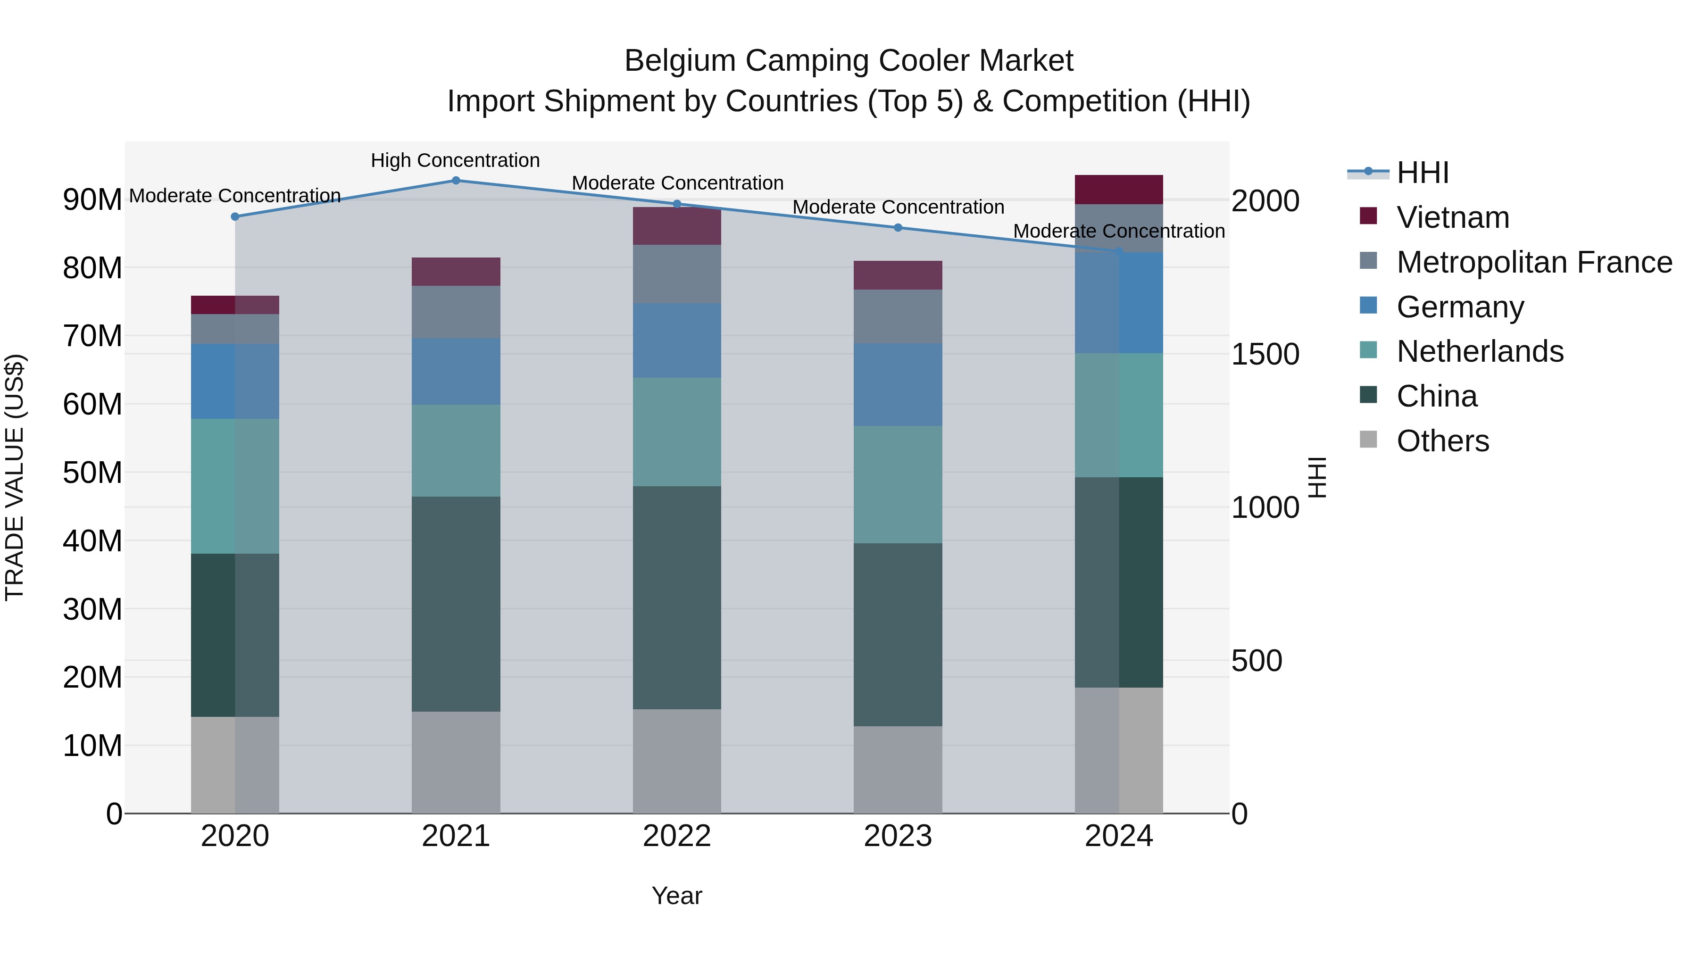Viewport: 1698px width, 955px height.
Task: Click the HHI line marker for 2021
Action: point(456,180)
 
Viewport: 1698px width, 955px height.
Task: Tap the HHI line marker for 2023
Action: point(898,227)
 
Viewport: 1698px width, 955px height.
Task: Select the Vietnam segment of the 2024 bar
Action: point(1119,189)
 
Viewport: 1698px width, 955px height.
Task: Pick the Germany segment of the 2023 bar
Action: point(898,384)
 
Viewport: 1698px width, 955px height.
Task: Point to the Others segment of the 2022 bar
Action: point(677,761)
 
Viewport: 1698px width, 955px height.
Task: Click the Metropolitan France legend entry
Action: point(1534,262)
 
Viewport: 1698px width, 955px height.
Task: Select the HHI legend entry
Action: point(1423,173)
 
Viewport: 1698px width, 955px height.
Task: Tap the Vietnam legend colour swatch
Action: point(1368,216)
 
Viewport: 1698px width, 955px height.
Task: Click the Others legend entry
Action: point(1442,441)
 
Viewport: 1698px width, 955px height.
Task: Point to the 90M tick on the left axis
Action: point(92,199)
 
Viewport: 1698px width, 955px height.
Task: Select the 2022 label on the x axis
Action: point(677,836)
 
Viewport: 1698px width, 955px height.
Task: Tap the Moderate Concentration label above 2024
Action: point(1119,232)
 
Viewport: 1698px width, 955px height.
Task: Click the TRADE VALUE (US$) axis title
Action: point(15,477)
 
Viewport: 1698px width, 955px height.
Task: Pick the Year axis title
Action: point(677,896)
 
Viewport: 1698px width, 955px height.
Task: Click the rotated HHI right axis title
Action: point(1316,477)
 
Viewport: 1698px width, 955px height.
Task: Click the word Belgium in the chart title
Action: point(680,61)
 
